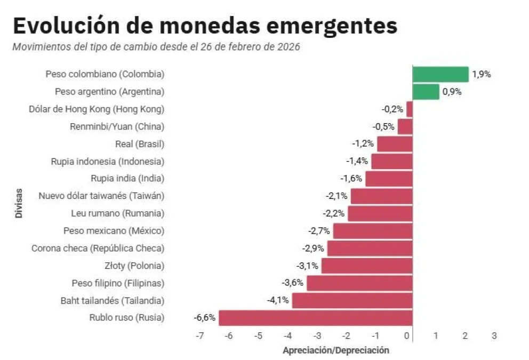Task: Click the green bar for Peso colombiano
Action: pyautogui.click(x=440, y=74)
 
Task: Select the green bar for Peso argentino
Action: pyautogui.click(x=426, y=92)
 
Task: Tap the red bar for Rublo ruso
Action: pyautogui.click(x=315, y=318)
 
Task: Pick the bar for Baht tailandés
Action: pyautogui.click(x=352, y=300)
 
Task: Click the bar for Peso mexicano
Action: pyautogui.click(x=372, y=231)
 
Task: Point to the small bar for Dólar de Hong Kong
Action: pyautogui.click(x=409, y=109)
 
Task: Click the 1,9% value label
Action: pyautogui.click(x=481, y=74)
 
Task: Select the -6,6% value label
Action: pyautogui.click(x=204, y=318)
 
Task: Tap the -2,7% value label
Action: pyautogui.click(x=319, y=231)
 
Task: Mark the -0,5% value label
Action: pyautogui.click(x=384, y=126)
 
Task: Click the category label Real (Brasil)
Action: pyautogui.click(x=139, y=144)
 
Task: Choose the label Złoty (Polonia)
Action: pyautogui.click(x=134, y=266)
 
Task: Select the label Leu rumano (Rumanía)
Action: pyautogui.click(x=117, y=213)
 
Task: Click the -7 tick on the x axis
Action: pyautogui.click(x=199, y=336)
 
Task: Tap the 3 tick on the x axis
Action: pyautogui.click(x=494, y=336)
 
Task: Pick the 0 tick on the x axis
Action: pyautogui.click(x=407, y=336)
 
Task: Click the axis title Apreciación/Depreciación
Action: pyautogui.click(x=336, y=350)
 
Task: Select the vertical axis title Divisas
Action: pyautogui.click(x=19, y=203)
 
